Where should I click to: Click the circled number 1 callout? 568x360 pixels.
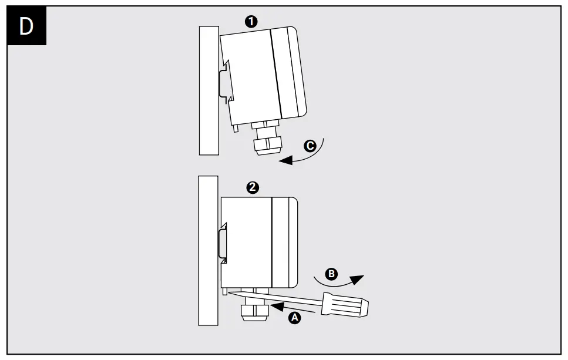click(x=251, y=22)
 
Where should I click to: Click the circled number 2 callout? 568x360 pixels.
click(x=252, y=187)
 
